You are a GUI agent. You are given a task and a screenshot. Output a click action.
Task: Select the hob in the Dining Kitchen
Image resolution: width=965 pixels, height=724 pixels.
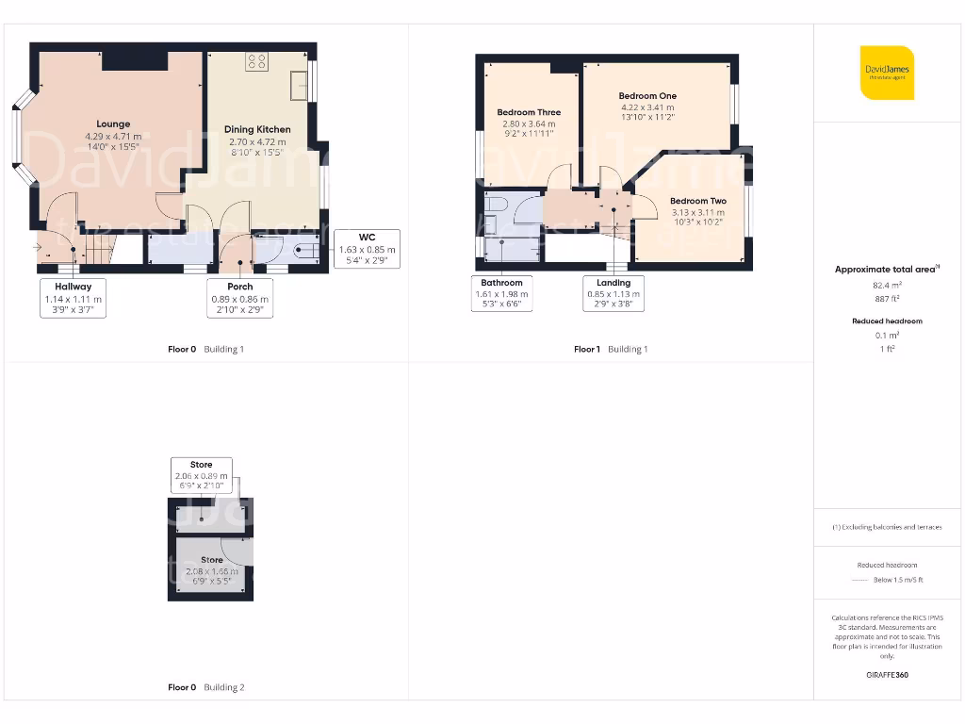pos(255,62)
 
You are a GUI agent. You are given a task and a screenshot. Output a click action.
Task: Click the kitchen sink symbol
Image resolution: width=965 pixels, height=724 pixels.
pos(300,85)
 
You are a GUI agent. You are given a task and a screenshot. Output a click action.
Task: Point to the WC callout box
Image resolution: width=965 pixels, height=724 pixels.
pos(367,249)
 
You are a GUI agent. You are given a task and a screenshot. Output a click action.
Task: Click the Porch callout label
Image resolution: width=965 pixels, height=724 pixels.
pos(239,298)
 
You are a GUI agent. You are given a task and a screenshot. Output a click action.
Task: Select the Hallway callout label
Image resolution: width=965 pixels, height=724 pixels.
pos(74,298)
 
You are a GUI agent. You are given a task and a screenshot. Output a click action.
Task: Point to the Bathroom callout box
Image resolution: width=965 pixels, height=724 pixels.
pos(501,293)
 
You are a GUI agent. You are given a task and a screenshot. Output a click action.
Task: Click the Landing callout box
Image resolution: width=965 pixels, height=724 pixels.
pos(613,293)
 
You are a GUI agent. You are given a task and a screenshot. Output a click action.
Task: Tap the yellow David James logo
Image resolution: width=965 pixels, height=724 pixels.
pos(887,73)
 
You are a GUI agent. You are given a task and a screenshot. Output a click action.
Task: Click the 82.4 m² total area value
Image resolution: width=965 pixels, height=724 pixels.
pos(887,284)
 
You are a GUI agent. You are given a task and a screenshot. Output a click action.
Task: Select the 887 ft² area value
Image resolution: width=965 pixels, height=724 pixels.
pos(887,298)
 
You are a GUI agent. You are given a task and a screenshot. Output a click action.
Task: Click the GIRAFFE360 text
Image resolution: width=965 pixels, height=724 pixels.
pos(887,675)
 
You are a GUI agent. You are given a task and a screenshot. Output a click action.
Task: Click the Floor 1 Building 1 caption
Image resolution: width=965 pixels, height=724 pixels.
pos(611,350)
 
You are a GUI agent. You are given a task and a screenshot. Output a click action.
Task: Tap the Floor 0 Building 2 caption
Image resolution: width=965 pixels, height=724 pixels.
pos(205,688)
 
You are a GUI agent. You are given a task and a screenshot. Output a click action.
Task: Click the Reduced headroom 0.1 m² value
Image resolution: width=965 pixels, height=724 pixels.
pos(887,336)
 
